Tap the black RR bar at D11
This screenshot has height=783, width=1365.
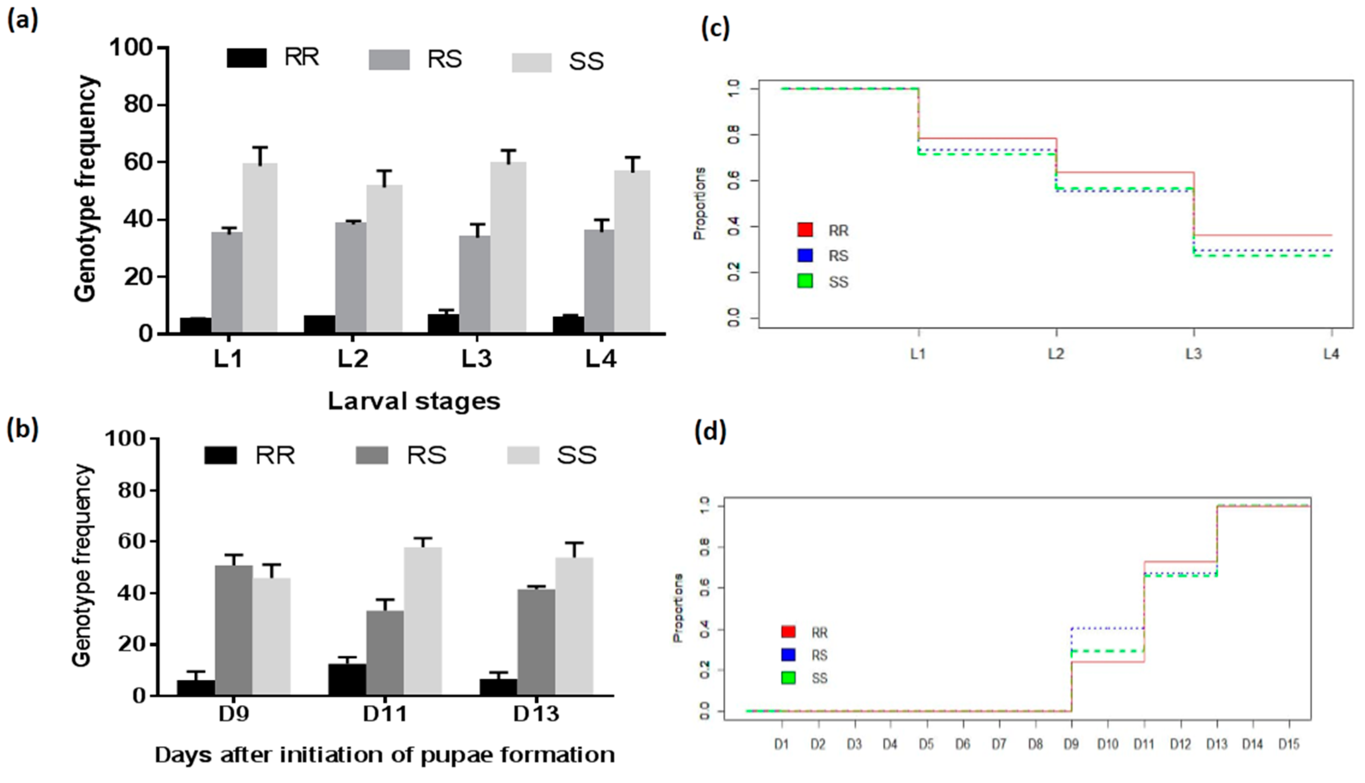(x=347, y=680)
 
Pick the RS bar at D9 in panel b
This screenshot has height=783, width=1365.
(x=234, y=630)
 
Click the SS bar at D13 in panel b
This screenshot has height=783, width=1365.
(x=574, y=626)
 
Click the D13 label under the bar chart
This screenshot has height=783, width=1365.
(x=536, y=714)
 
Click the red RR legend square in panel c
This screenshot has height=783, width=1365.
(x=805, y=230)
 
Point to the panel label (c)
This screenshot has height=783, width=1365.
(x=715, y=28)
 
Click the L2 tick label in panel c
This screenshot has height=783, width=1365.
(x=1056, y=354)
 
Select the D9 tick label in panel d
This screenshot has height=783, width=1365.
(x=1071, y=745)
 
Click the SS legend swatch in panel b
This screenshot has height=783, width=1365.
(x=523, y=455)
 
